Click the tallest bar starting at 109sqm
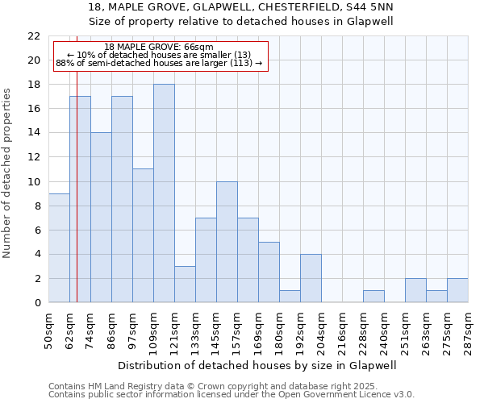(x=164, y=193)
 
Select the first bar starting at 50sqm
(x=59, y=248)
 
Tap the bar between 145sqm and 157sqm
(x=227, y=242)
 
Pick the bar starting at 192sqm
(x=311, y=278)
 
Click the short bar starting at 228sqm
(x=373, y=296)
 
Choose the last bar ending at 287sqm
(x=457, y=290)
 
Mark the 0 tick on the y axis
(x=36, y=302)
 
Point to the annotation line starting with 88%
(x=159, y=63)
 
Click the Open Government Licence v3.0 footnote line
(x=232, y=394)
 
